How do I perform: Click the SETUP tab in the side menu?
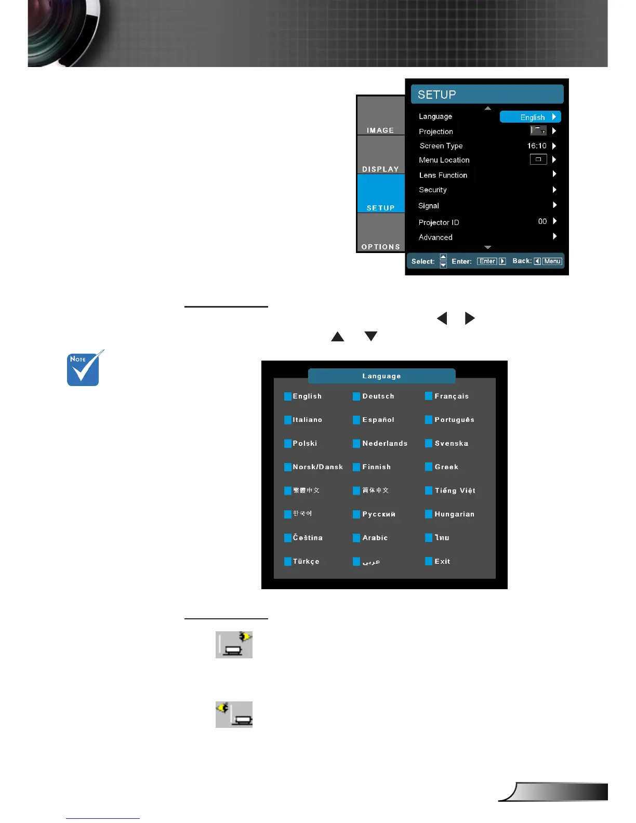[381, 207]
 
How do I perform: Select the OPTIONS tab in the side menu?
[381, 246]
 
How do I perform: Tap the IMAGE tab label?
[380, 130]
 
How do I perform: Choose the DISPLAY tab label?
[380, 169]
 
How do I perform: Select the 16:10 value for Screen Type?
[537, 146]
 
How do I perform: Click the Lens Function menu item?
[443, 175]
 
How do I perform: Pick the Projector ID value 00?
[542, 221]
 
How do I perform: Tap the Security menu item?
[433, 190]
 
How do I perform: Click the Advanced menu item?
[435, 237]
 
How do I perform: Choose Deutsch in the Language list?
[378, 396]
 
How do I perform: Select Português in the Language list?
[454, 420]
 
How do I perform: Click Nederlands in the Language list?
[385, 444]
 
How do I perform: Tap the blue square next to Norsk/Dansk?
[288, 467]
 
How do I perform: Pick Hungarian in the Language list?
[454, 514]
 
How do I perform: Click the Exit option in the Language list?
[442, 562]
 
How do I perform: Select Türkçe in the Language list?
[306, 562]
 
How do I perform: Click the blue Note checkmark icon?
[83, 369]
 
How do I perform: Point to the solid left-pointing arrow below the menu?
[442, 318]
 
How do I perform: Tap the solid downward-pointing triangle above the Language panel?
[371, 336]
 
